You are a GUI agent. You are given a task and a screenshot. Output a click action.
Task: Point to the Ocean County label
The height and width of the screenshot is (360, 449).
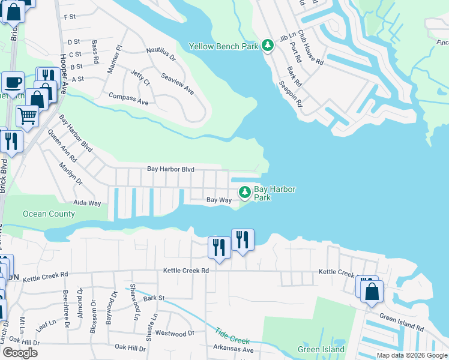(49, 214)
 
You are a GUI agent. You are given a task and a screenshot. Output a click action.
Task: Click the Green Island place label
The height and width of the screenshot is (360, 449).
(321, 349)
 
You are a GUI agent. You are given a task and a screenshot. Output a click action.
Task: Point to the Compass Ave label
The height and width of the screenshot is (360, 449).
(128, 99)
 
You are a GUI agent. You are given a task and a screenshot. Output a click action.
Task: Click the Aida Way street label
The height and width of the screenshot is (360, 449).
(87, 203)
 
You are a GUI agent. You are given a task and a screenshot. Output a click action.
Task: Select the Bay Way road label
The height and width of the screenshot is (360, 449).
(218, 200)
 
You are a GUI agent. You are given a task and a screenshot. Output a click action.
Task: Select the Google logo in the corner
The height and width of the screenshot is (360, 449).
(19, 353)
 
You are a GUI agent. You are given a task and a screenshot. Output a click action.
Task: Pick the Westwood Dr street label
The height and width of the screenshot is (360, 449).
(175, 333)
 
